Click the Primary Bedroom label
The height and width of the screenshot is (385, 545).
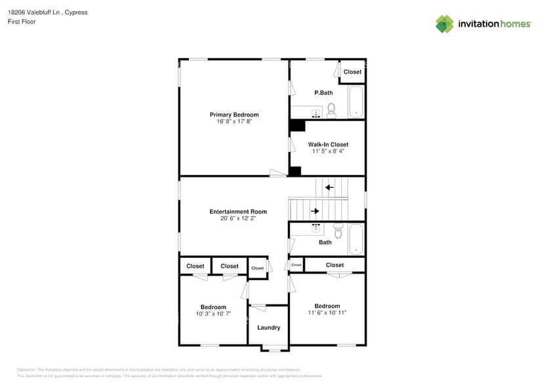point(234,115)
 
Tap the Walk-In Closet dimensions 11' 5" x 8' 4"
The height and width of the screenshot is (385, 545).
point(328,151)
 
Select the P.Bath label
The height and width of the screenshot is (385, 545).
point(323,93)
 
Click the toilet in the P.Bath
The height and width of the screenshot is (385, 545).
point(331,110)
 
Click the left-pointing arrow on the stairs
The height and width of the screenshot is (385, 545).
point(329,188)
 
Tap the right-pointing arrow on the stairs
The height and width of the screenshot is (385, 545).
point(315,211)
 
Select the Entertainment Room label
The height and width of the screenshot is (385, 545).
point(238,211)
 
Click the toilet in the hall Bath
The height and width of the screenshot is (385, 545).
point(338,231)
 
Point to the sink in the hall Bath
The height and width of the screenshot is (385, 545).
point(316,229)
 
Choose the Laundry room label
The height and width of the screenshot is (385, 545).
point(269,327)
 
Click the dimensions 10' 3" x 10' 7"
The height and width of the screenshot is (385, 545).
point(213,314)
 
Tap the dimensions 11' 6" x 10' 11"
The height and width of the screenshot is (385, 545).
point(327,313)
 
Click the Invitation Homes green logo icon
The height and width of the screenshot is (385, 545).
point(445,24)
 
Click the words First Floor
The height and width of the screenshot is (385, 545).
point(22,22)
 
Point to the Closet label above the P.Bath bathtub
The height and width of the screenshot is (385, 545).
point(352,72)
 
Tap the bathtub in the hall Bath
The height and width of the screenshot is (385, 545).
point(356,239)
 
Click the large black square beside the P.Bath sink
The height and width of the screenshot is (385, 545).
point(298,126)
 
